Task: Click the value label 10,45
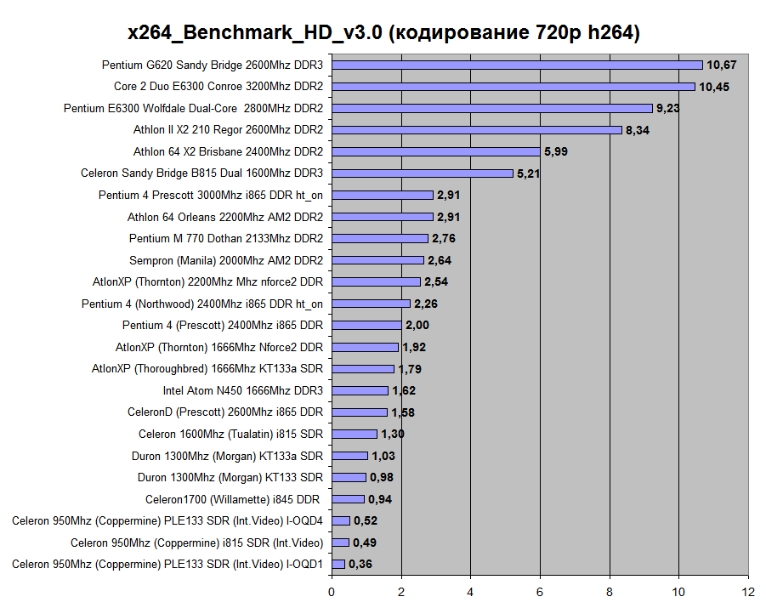pyautogui.click(x=714, y=87)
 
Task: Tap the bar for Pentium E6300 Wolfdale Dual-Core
pyautogui.click(x=492, y=108)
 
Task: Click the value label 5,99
pyautogui.click(x=556, y=151)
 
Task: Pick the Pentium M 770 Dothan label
pyautogui.click(x=225, y=238)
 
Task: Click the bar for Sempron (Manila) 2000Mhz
pyautogui.click(x=377, y=260)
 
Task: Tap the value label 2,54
pyautogui.click(x=438, y=281)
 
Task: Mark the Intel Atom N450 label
pyautogui.click(x=243, y=390)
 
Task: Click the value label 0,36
pyautogui.click(x=360, y=564)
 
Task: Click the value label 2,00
pyautogui.click(x=417, y=325)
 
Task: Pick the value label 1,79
pyautogui.click(x=410, y=369)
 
